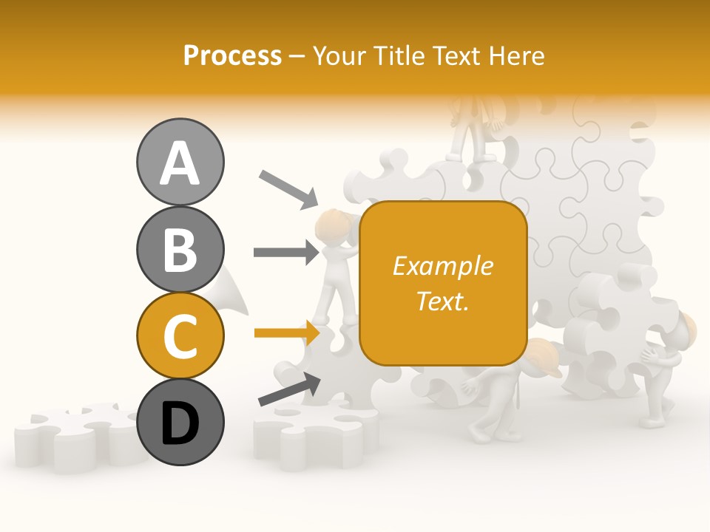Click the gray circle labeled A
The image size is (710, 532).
180,162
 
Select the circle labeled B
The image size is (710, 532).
180,249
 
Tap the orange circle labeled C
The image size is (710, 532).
180,335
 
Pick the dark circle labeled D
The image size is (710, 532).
180,422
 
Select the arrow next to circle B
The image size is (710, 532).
286,253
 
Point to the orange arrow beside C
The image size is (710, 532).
286,333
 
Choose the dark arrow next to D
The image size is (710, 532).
289,389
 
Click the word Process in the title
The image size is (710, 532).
232,55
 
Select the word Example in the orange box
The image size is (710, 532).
442,266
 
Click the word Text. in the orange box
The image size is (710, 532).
442,301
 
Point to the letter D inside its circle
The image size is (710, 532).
180,423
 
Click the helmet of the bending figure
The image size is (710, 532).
543,357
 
